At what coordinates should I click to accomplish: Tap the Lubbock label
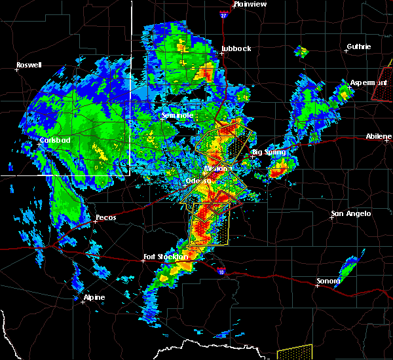click(237, 48)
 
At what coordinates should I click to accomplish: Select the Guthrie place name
click(359, 46)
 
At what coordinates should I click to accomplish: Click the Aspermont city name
click(367, 83)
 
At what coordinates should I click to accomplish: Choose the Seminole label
click(178, 115)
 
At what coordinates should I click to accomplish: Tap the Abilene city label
click(379, 136)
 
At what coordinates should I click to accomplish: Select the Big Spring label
click(269, 152)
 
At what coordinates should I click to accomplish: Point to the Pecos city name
click(105, 217)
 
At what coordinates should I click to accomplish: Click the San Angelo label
click(350, 213)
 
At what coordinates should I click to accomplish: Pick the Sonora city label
click(328, 281)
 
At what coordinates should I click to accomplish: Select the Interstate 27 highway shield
click(224, 14)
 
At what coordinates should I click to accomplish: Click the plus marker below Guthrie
click(346, 51)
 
